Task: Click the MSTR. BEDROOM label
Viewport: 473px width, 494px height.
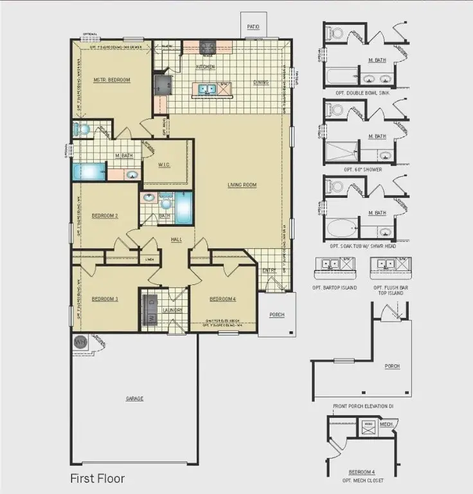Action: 112,80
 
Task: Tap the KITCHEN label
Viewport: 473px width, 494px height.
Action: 205,67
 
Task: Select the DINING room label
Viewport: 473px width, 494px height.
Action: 260,82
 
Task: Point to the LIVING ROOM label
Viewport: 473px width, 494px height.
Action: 242,185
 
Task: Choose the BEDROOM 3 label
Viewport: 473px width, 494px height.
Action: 105,298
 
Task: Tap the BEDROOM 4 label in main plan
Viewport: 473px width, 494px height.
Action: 223,298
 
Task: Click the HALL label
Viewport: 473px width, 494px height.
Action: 177,239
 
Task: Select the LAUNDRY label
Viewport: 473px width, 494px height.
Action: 173,310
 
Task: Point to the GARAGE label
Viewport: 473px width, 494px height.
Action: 134,399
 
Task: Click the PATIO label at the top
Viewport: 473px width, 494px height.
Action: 254,28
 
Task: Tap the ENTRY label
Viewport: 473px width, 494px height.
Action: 269,270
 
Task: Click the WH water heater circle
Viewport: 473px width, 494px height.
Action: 80,342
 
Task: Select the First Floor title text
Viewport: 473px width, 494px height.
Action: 97,479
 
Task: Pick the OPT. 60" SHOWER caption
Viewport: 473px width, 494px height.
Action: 363,169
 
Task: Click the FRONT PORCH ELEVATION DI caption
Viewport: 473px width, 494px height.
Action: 363,407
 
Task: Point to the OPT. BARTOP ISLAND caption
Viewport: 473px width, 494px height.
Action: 335,288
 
